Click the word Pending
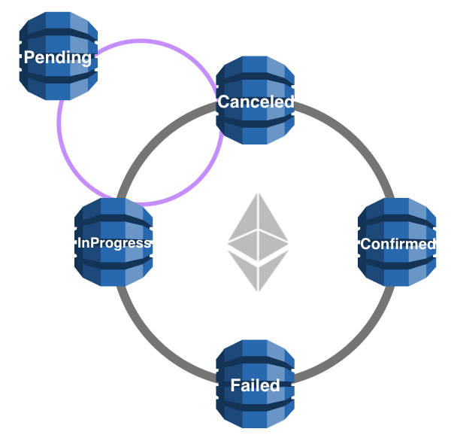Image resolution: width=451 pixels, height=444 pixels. point(58,57)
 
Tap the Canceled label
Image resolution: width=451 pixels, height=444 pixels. point(255,102)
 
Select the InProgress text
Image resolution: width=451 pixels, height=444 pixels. point(114,243)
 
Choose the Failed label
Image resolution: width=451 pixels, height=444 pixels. point(255,385)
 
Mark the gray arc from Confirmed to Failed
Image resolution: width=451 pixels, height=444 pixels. point(353,347)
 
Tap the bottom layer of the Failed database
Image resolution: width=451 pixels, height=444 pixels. point(255,415)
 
